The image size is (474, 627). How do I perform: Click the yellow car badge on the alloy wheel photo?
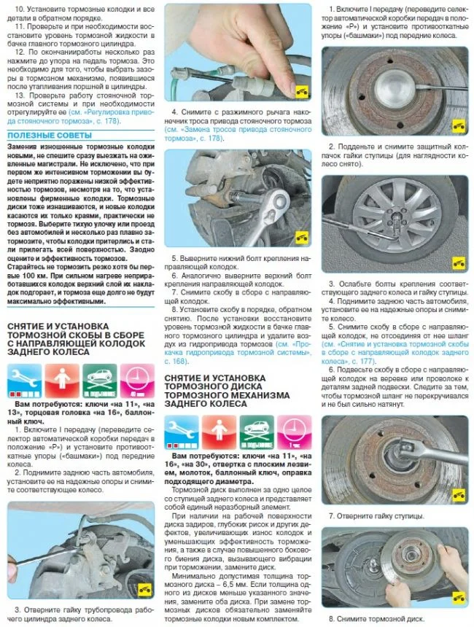458,264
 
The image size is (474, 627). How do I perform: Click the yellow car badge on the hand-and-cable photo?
300,93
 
